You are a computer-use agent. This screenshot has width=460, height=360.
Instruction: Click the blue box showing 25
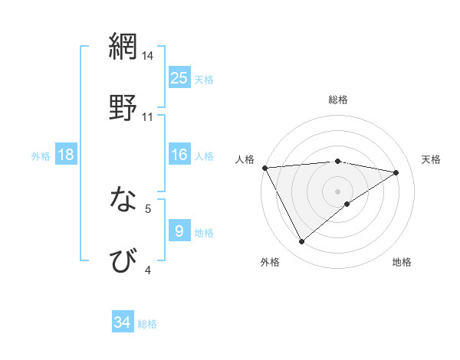(179, 78)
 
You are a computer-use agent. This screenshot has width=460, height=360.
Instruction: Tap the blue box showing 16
(179, 155)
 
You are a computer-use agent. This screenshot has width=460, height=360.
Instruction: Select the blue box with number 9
(179, 231)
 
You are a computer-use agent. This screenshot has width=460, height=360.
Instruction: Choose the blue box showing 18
(66, 155)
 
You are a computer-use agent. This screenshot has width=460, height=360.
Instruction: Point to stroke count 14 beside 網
(148, 56)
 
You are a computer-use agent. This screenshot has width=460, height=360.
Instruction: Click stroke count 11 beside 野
(148, 117)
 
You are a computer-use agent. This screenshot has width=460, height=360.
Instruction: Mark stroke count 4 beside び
(148, 270)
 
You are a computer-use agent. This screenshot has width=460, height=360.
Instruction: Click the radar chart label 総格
(338, 100)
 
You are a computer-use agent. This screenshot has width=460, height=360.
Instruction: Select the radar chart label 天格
(432, 159)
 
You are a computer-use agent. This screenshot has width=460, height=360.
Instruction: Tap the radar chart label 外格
(270, 262)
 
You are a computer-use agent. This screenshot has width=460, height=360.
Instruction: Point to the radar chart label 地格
(402, 262)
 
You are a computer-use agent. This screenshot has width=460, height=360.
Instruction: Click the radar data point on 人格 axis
(264, 168)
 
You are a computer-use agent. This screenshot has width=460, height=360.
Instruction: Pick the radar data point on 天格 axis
(396, 172)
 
